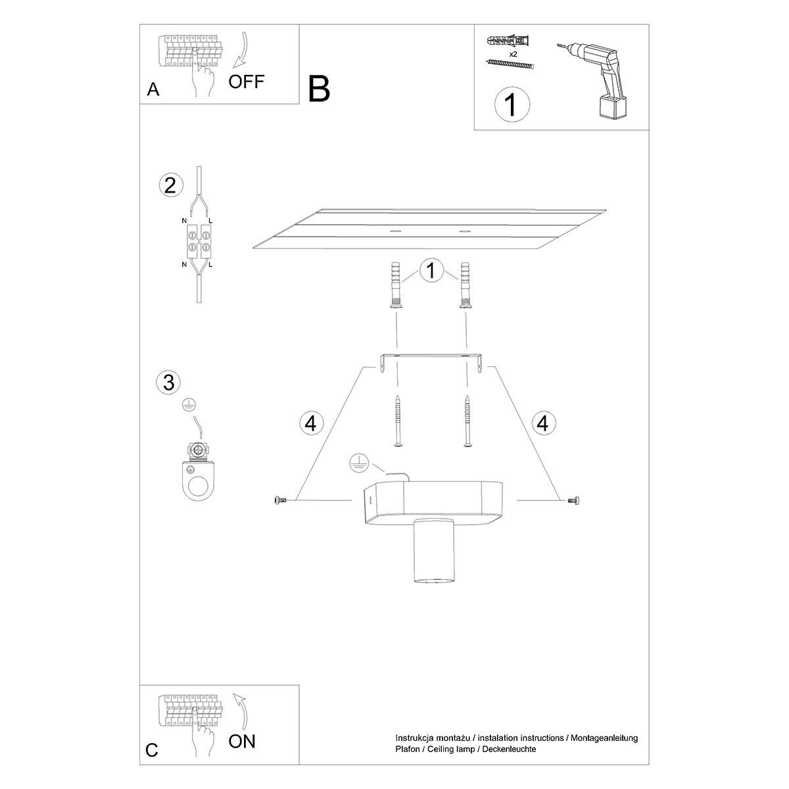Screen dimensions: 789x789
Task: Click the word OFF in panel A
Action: pyautogui.click(x=247, y=82)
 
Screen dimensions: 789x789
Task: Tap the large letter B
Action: pyautogui.click(x=319, y=89)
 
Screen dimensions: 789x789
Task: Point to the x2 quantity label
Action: pyautogui.click(x=514, y=55)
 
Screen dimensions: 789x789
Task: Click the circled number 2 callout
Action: pyautogui.click(x=170, y=185)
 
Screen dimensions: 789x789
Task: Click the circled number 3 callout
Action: pyautogui.click(x=169, y=382)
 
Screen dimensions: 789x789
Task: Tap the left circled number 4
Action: pyautogui.click(x=311, y=423)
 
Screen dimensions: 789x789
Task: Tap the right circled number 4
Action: pyautogui.click(x=542, y=423)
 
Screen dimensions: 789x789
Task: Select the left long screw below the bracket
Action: pyautogui.click(x=397, y=421)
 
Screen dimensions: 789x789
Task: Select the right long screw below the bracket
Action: pyautogui.click(x=467, y=421)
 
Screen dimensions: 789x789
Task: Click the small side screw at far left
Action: pyautogui.click(x=279, y=501)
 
